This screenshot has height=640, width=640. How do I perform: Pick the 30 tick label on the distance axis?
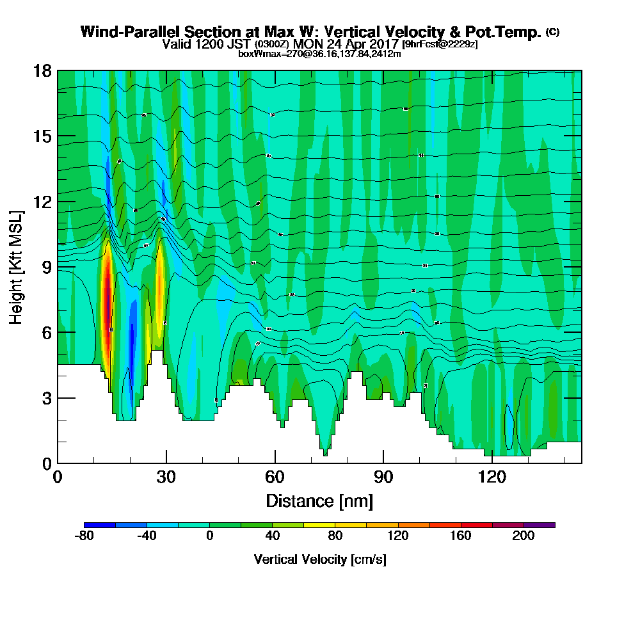pyautogui.click(x=166, y=477)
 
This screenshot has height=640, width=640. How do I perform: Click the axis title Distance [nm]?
pyautogui.click(x=319, y=500)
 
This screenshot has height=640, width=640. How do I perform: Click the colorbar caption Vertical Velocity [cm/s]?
pyautogui.click(x=319, y=559)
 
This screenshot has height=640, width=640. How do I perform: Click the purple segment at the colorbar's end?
pyautogui.click(x=540, y=525)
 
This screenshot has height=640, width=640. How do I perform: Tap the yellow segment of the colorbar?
pyautogui.click(x=319, y=525)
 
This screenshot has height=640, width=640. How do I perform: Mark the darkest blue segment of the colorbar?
pyautogui.click(x=100, y=525)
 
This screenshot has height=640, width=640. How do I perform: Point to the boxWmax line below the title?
pyautogui.click(x=319, y=54)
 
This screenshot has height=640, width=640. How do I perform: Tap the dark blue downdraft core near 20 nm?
pyautogui.click(x=131, y=339)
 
